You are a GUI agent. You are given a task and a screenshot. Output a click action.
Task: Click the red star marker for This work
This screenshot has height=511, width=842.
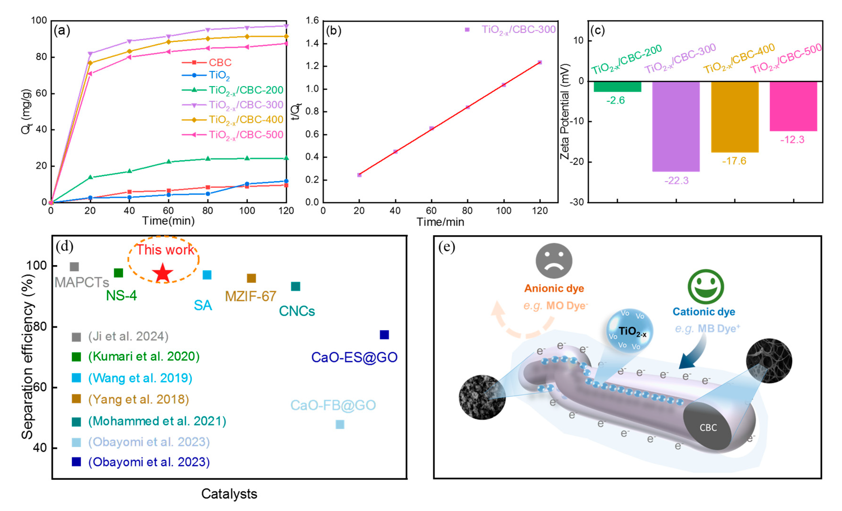pyautogui.click(x=163, y=273)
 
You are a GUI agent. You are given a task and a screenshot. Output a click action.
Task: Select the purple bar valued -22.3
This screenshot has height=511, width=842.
pyautogui.click(x=676, y=126)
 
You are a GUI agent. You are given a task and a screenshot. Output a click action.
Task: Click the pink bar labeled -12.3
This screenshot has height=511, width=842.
pyautogui.click(x=793, y=106)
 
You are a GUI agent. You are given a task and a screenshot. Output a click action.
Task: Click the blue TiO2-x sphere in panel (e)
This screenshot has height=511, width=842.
pyautogui.click(x=629, y=331)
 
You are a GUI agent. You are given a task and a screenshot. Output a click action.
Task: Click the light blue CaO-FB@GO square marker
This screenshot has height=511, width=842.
pyautogui.click(x=340, y=424)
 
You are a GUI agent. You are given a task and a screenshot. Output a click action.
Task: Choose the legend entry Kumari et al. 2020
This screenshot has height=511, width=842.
pyautogui.click(x=143, y=356)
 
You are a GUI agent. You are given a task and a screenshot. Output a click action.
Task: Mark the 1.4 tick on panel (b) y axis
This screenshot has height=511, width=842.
pyautogui.click(x=312, y=43)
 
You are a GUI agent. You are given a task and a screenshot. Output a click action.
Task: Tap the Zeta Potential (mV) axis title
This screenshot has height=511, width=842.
pyautogui.click(x=565, y=111)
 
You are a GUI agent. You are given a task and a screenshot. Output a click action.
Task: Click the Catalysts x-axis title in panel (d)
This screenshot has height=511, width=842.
pyautogui.click(x=229, y=494)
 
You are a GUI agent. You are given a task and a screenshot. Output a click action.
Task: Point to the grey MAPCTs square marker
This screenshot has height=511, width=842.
pyautogui.click(x=74, y=267)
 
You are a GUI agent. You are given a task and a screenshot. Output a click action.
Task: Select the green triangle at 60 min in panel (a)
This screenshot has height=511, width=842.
pyautogui.click(x=168, y=161)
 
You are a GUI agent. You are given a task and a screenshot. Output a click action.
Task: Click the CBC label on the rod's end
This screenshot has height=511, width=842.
pyautogui.click(x=708, y=428)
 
